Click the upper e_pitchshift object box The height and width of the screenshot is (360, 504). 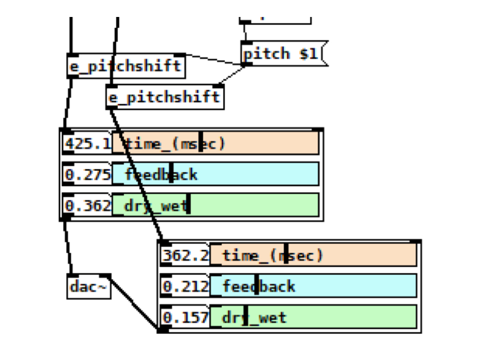pos(126,66)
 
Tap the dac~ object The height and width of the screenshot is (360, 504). pos(88,287)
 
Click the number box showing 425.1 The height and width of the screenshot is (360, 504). pos(87,144)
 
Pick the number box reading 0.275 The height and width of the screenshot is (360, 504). pos(87,175)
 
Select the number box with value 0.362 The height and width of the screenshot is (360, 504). pos(87,206)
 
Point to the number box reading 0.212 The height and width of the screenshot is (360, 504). pos(185,286)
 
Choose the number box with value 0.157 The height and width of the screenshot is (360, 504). pos(185,317)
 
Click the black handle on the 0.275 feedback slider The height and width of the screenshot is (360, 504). pos(171,175)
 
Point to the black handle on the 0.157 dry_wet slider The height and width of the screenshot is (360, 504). pos(246,317)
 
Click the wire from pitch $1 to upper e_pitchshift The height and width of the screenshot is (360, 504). pos(213,59)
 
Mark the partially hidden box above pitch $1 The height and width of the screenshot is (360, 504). pos(275,18)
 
